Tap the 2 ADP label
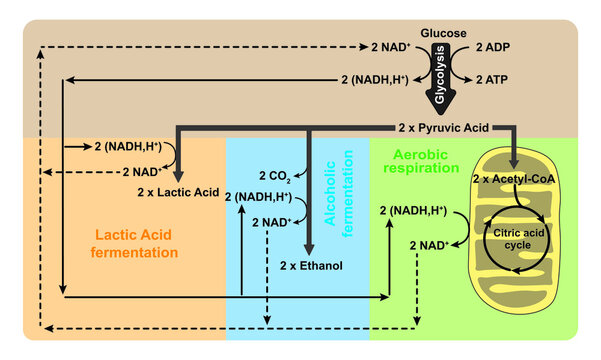(492, 47)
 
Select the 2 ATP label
(492, 79)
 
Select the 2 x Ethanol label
(311, 266)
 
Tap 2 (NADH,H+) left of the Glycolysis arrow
(373, 79)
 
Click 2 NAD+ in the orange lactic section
(124, 171)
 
